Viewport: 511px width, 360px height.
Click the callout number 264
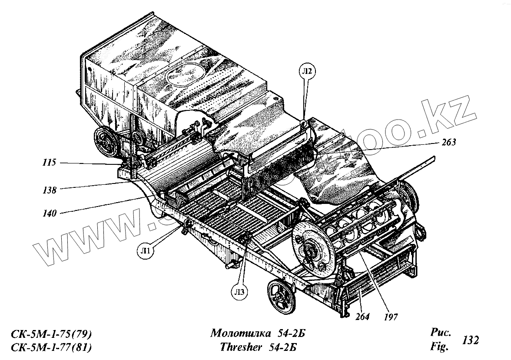[x=362, y=317]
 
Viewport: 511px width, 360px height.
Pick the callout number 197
[x=390, y=317]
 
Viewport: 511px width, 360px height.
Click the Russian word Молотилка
[x=240, y=334]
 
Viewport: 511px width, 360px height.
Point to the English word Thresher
[x=241, y=347]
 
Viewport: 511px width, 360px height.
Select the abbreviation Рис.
[x=440, y=333]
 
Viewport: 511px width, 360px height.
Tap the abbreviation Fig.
[x=439, y=347]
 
